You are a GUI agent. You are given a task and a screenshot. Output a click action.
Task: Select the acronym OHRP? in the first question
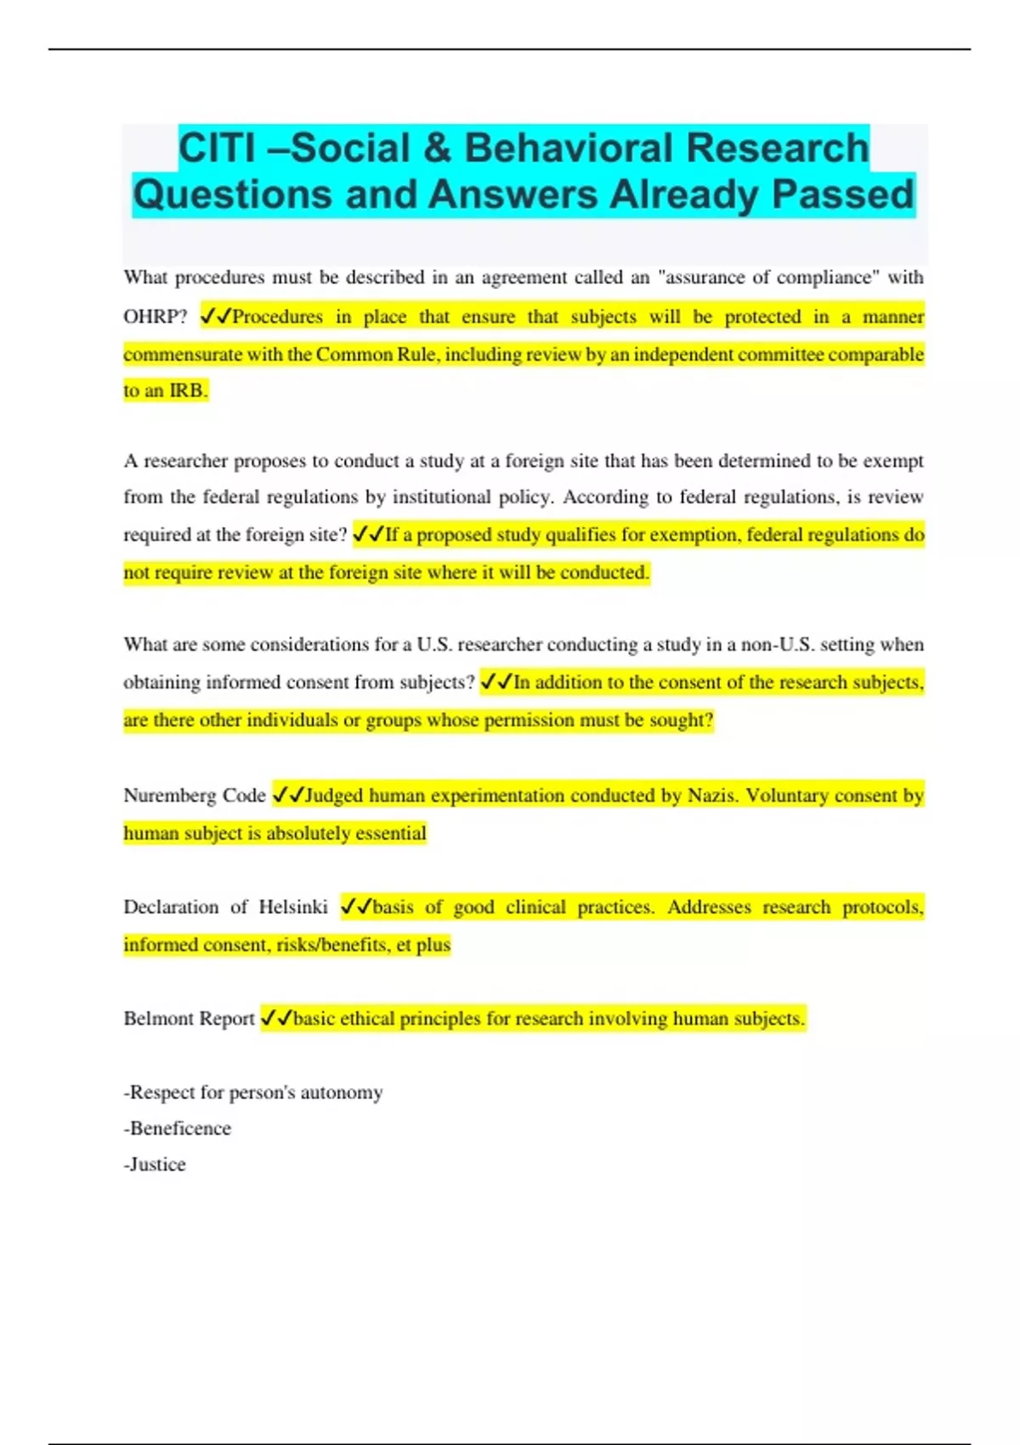(155, 317)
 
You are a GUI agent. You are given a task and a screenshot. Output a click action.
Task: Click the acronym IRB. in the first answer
(188, 391)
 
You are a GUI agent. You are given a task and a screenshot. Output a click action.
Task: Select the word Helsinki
(292, 907)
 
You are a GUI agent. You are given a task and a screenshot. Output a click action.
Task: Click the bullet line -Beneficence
(177, 1129)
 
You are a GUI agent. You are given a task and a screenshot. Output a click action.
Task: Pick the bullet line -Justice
(155, 1164)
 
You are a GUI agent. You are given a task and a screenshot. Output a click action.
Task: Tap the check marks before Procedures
(216, 317)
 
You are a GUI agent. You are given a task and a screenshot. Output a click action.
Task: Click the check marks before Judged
(287, 796)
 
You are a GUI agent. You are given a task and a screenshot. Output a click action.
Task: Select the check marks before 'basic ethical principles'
(276, 1018)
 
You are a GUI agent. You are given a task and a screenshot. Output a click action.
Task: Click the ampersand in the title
(436, 148)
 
